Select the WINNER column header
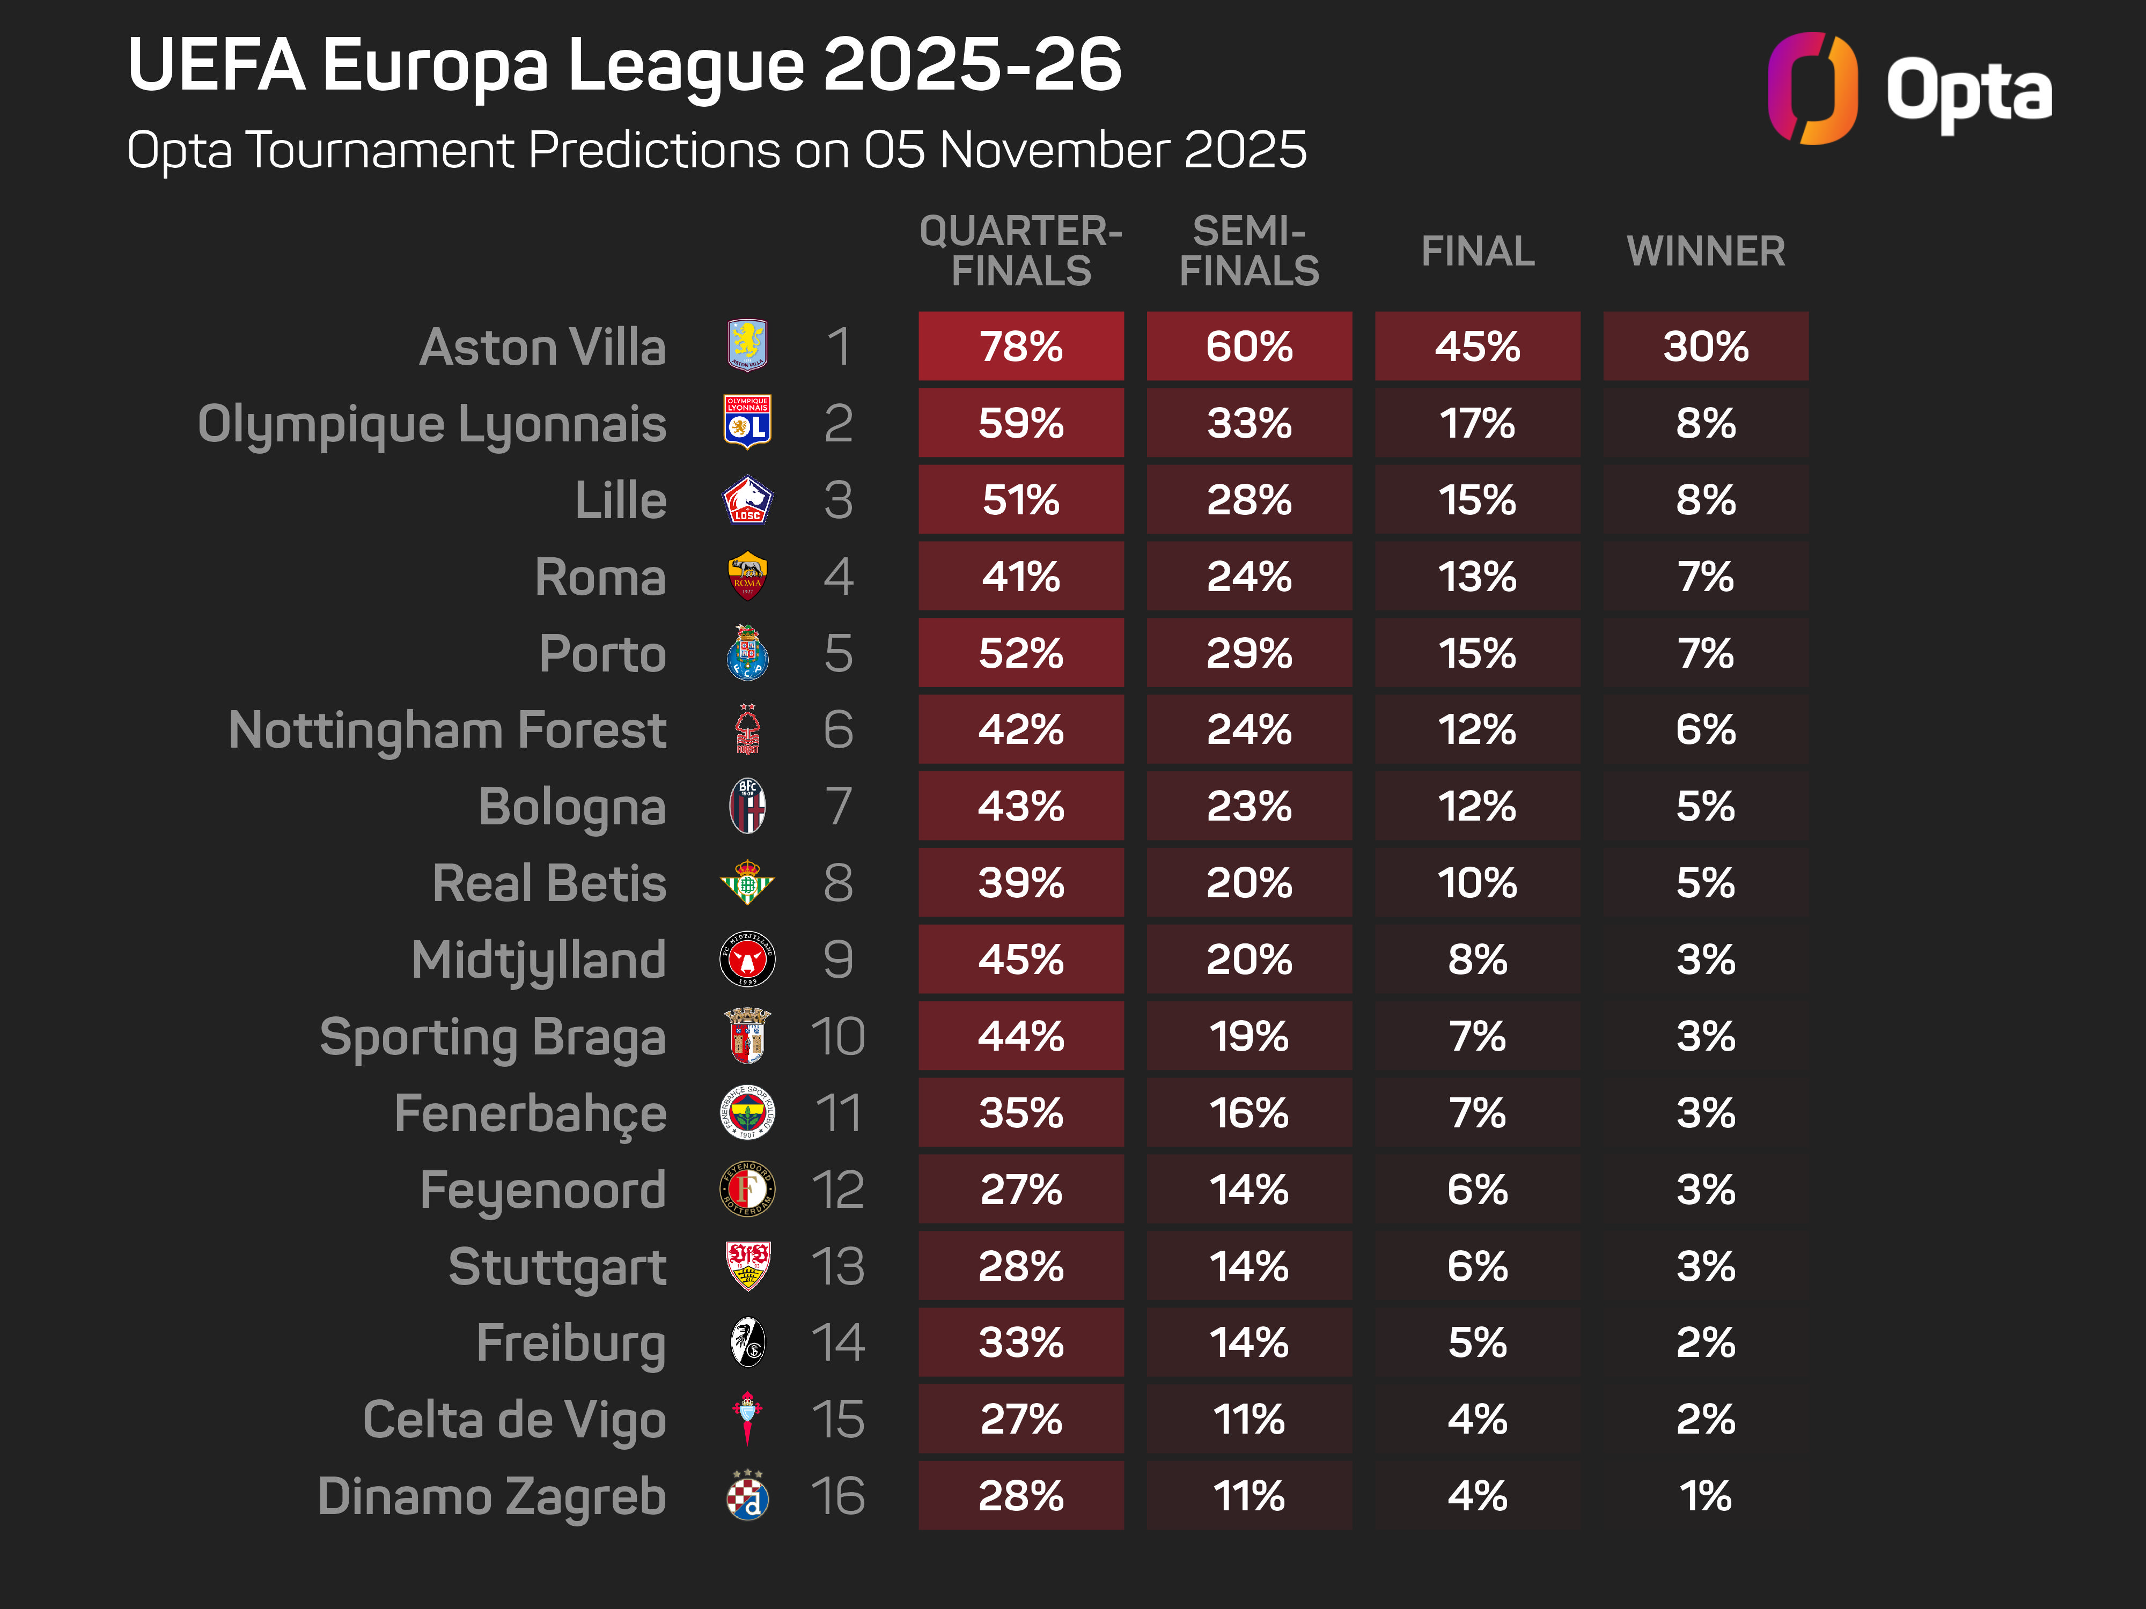(1706, 251)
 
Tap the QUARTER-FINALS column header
(1020, 251)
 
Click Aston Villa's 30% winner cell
(1706, 346)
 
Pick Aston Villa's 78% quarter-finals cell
(1020, 346)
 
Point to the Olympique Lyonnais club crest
(747, 423)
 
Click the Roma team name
(600, 577)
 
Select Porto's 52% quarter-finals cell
(1020, 653)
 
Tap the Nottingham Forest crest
(747, 729)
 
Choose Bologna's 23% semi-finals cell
(1248, 806)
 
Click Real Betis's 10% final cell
(1476, 883)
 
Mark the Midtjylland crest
(747, 959)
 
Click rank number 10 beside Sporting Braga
(837, 1036)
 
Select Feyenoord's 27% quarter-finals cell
(1020, 1189)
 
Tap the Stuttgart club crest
(747, 1266)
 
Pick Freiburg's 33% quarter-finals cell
(1020, 1342)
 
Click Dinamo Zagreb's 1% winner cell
(1706, 1495)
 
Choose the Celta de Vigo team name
(514, 1420)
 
